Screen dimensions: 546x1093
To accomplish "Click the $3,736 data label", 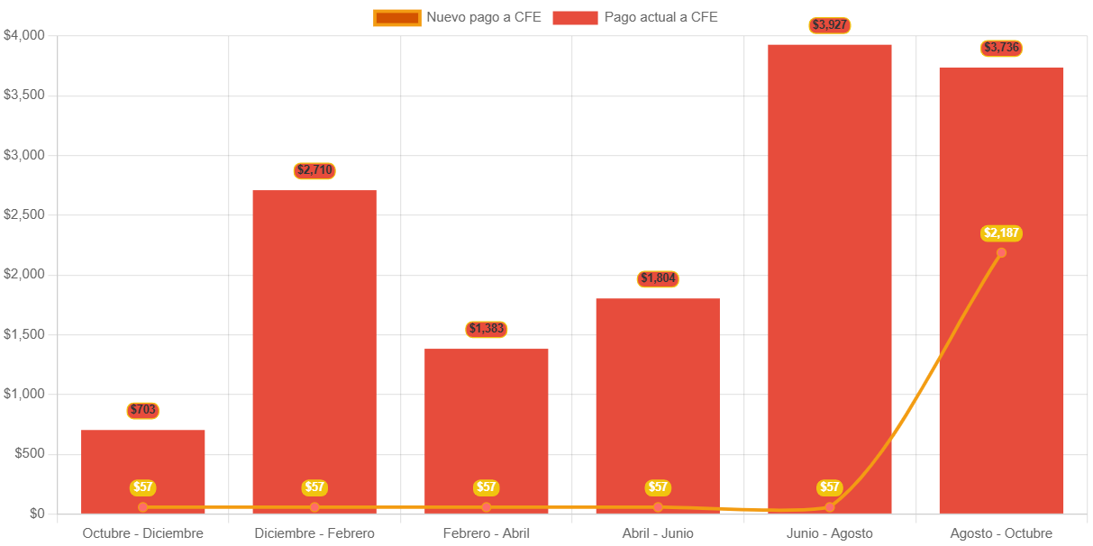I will (x=1001, y=48).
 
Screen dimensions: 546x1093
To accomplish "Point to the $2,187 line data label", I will (x=1001, y=233).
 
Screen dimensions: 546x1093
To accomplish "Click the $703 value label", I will (x=143, y=410).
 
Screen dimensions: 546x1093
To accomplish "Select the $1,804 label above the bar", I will (x=658, y=278).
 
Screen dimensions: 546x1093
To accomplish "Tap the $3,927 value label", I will (x=830, y=24).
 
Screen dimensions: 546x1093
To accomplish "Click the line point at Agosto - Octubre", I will (x=1001, y=252).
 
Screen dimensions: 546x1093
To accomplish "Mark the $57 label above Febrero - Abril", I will (x=487, y=487).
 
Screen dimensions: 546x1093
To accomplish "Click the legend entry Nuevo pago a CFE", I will (x=457, y=17).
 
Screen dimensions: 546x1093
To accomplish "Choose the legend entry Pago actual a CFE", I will (x=635, y=17).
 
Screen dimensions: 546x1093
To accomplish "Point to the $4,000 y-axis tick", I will (x=24, y=35).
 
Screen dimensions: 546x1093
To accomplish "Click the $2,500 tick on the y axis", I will (x=24, y=214).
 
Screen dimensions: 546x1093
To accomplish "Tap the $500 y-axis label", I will (x=30, y=453).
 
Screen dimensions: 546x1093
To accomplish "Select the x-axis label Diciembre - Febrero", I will (x=314, y=533).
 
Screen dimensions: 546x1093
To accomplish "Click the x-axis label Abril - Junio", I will (x=658, y=533).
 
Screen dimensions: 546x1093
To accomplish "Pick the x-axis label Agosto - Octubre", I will (x=1001, y=533).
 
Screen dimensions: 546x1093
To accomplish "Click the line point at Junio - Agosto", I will (x=830, y=507).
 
